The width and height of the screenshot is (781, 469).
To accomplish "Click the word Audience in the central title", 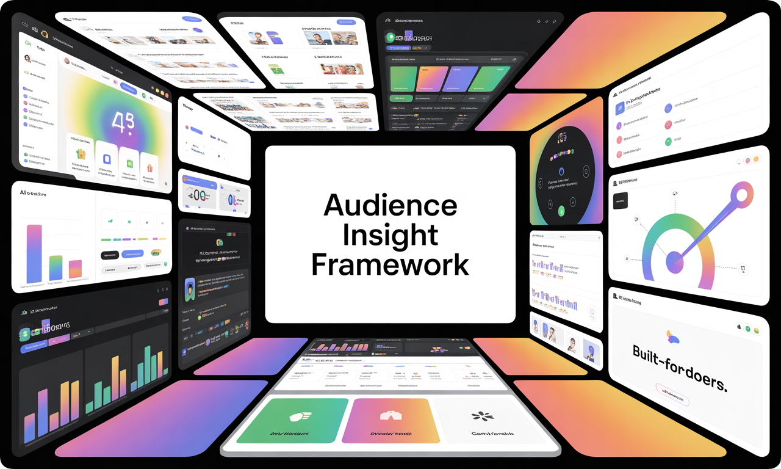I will (x=390, y=206).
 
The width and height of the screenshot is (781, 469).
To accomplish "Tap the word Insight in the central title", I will (x=390, y=235).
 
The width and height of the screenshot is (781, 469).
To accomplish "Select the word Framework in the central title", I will (x=390, y=265).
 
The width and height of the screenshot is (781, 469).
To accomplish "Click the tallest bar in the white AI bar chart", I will (x=35, y=254).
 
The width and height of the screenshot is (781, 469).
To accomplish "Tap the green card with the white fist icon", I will (x=292, y=420).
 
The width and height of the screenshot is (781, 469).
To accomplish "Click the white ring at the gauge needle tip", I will (x=743, y=195).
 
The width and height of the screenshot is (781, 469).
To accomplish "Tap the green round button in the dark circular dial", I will (x=561, y=211).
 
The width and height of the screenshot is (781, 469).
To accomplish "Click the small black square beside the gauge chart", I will (x=620, y=202).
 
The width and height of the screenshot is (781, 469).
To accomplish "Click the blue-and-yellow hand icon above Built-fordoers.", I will (x=673, y=335).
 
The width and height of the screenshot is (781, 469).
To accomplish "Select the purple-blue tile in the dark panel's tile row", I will (x=459, y=79).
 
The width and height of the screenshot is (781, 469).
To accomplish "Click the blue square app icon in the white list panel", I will (x=620, y=109).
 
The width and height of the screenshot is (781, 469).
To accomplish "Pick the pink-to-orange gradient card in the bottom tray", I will (x=390, y=420).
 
